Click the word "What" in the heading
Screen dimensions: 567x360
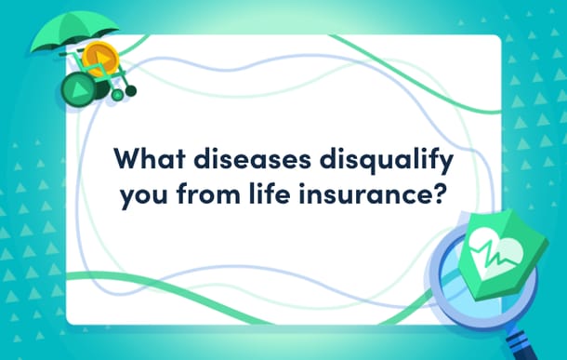[150, 158]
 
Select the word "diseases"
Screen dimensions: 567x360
[253, 158]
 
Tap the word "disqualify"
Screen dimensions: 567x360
[386, 161]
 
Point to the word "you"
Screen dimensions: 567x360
[144, 195]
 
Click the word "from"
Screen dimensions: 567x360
[208, 193]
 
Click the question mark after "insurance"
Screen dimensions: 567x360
[438, 193]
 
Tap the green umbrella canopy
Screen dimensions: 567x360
[74, 30]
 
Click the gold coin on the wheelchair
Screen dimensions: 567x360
[100, 59]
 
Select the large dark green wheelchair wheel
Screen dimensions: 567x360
[79, 89]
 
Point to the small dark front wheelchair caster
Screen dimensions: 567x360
[131, 91]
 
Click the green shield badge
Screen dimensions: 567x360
[503, 254]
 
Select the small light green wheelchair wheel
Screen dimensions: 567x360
[117, 95]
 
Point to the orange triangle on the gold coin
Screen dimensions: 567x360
[101, 59]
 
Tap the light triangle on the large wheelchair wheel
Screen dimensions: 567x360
[80, 89]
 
